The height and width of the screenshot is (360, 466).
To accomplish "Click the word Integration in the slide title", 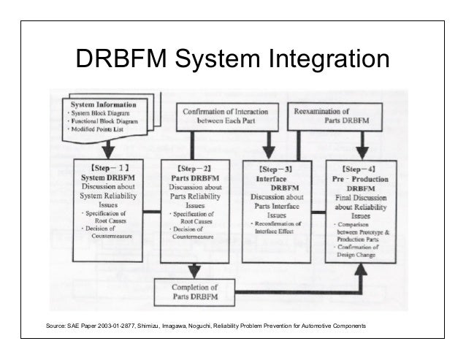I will click(x=329, y=61).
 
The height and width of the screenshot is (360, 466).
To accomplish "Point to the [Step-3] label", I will click(x=278, y=167).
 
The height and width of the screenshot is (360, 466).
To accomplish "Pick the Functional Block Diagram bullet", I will click(x=107, y=120).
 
